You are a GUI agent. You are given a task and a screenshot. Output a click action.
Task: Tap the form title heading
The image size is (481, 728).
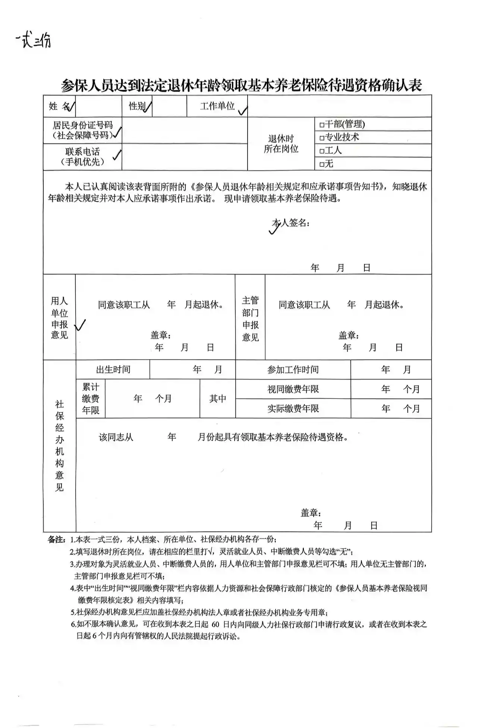tap(241, 85)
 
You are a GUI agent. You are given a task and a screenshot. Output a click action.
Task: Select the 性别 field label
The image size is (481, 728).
tap(137, 106)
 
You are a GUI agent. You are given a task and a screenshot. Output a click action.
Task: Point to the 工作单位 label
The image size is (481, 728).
tap(217, 106)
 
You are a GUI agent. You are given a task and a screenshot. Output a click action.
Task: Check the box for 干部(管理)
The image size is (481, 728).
tap(322, 124)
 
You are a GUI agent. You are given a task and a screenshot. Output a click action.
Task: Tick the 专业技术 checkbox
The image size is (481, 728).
tap(322, 138)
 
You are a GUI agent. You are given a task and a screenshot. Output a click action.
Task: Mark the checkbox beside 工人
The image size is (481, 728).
tap(322, 151)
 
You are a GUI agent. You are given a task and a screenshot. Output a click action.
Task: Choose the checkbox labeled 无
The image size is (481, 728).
tap(322, 164)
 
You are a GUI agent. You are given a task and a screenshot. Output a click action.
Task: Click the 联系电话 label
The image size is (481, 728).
tap(82, 156)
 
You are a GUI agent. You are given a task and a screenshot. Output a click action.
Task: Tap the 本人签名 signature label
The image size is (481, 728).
tap(290, 223)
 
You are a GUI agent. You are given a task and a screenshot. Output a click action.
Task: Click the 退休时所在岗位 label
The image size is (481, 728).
tap(281, 144)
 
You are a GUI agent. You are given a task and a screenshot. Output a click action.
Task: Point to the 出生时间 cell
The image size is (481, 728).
tap(113, 370)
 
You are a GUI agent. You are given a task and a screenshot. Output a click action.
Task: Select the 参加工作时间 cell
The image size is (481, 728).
tap(293, 370)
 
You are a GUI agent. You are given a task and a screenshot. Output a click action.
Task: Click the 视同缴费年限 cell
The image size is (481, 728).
tap(293, 389)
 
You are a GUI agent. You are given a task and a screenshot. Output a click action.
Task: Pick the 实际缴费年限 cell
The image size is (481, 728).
tap(293, 409)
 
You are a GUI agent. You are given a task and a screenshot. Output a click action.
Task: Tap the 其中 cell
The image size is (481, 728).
tap(217, 399)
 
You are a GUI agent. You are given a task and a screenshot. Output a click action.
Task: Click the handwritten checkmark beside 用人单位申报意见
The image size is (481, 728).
tap(80, 325)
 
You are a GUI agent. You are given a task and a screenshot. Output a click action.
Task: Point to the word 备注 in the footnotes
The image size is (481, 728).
tap(56, 539)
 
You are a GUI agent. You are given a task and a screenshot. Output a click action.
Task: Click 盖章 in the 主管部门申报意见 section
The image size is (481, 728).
tap(348, 336)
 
